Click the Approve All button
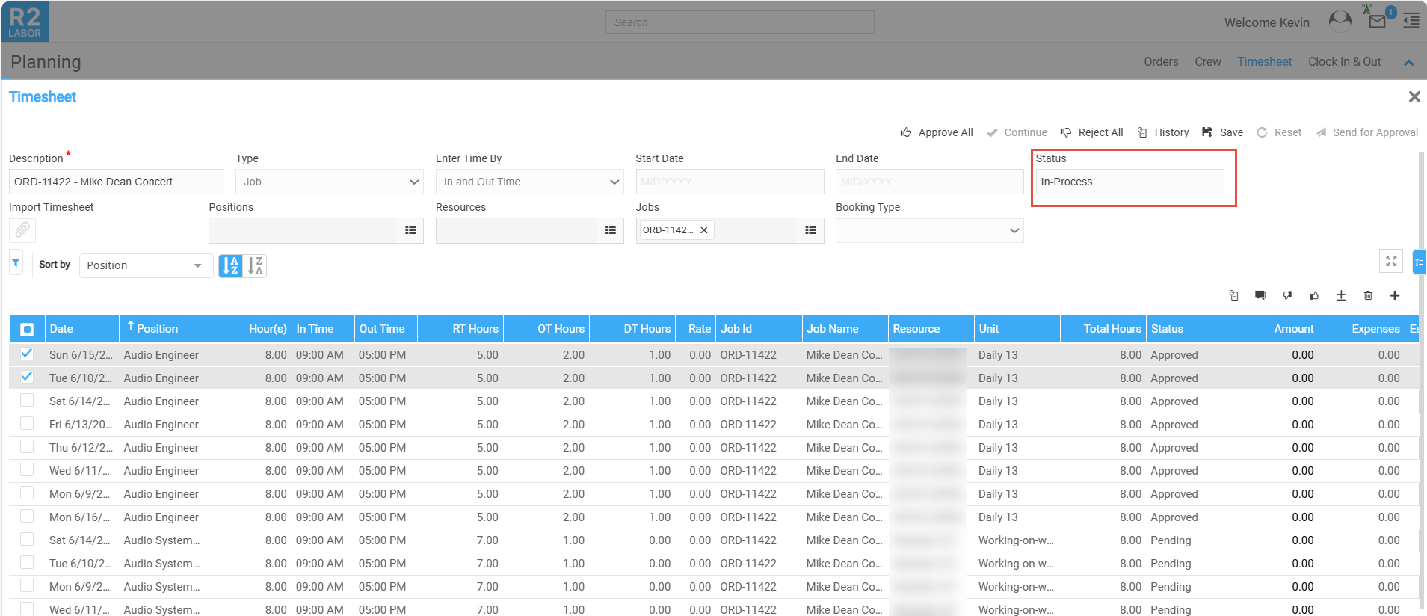pyautogui.click(x=937, y=132)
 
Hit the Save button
pyautogui.click(x=1222, y=132)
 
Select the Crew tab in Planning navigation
pyautogui.click(x=1207, y=62)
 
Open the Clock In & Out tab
pyautogui.click(x=1344, y=62)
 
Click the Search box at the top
pyautogui.click(x=739, y=22)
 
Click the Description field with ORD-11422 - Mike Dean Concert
pyautogui.click(x=116, y=182)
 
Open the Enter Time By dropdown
pyautogui.click(x=529, y=182)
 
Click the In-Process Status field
pyautogui.click(x=1129, y=182)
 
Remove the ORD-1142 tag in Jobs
pyautogui.click(x=704, y=230)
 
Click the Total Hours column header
pyautogui.click(x=1112, y=329)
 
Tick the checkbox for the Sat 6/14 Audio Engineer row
pyautogui.click(x=27, y=401)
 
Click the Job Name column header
pyautogui.click(x=832, y=329)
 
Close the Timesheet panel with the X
pyautogui.click(x=1414, y=97)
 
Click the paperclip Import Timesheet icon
pyautogui.click(x=22, y=230)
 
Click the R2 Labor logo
pyautogui.click(x=25, y=22)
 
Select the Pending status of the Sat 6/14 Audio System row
pyautogui.click(x=1170, y=540)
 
